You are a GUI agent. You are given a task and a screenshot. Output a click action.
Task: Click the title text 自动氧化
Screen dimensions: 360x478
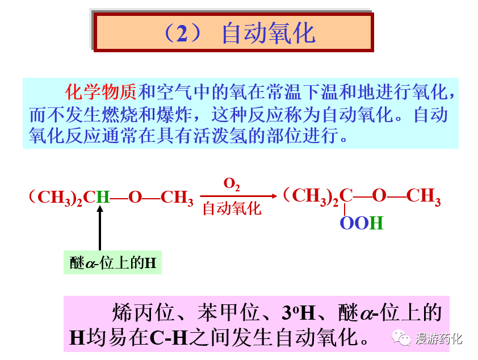click(268, 33)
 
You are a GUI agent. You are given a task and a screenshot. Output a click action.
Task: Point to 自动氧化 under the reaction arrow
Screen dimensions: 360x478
click(232, 208)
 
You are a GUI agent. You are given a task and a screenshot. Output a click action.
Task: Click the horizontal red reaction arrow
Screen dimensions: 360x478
click(239, 196)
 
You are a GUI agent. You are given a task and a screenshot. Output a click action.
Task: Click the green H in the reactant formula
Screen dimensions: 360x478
click(103, 198)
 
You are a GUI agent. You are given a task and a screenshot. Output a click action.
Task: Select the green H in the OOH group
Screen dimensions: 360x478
click(376, 223)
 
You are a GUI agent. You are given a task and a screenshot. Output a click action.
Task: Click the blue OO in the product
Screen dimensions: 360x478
click(354, 223)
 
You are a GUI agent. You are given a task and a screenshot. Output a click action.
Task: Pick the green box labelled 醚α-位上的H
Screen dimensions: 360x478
click(112, 263)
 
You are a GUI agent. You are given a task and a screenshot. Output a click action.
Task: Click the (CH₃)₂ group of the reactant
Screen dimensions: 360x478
click(56, 198)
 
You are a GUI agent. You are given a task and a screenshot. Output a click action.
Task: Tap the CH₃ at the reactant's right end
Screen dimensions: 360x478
click(177, 198)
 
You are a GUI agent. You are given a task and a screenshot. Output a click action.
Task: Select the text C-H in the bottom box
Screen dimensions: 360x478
click(169, 337)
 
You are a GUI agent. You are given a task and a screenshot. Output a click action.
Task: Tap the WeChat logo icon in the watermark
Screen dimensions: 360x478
click(404, 339)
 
